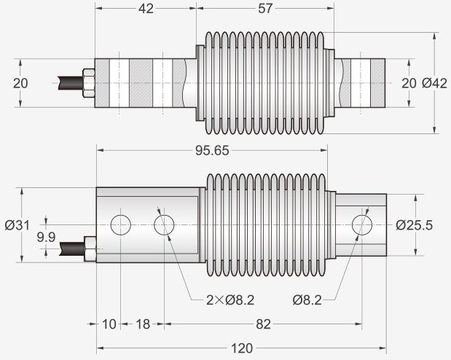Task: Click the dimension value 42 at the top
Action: click(146, 9)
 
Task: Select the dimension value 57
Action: click(265, 9)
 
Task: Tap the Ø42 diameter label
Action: click(434, 83)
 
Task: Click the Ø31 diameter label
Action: click(17, 225)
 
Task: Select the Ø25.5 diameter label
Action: click(415, 225)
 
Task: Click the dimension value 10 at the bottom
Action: click(109, 324)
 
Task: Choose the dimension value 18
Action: click(142, 324)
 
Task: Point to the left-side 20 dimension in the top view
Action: click(20, 83)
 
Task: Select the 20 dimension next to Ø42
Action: click(409, 83)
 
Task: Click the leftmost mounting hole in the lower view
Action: click(120, 224)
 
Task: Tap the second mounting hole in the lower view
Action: click(164, 224)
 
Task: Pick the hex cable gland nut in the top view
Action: click(89, 83)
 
